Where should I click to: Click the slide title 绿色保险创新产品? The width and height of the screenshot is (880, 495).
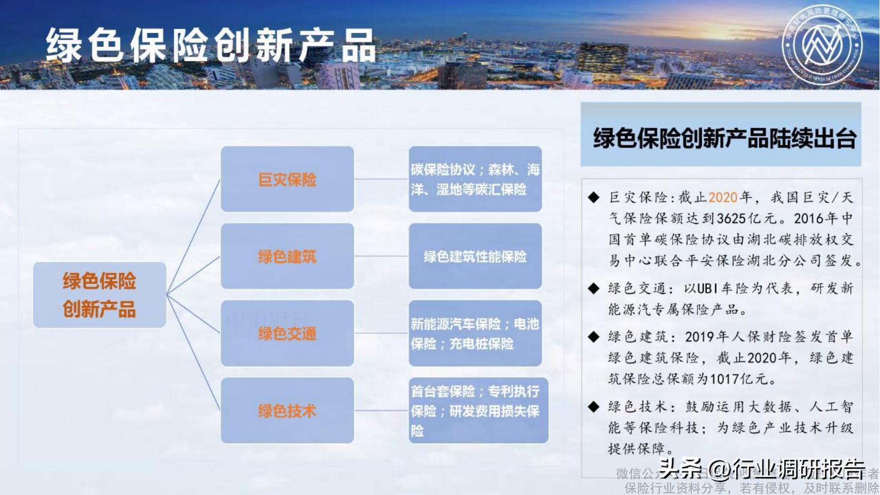(x=210, y=46)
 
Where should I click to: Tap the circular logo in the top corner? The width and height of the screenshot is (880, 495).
(x=822, y=45)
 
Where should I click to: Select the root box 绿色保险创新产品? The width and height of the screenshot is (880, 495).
(x=99, y=295)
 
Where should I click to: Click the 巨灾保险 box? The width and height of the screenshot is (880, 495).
(x=287, y=179)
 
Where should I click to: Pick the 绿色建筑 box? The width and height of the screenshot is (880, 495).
(x=287, y=256)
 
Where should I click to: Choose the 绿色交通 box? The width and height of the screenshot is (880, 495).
(x=287, y=334)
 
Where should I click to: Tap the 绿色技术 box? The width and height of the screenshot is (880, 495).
(x=287, y=410)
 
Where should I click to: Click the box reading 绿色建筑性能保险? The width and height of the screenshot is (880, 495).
(x=475, y=256)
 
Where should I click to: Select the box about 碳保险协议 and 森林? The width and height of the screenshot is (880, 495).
(x=475, y=179)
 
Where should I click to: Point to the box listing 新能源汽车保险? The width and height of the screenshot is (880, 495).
(x=475, y=334)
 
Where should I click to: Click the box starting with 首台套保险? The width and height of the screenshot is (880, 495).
(x=478, y=410)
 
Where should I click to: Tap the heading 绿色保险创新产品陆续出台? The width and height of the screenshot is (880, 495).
(x=724, y=138)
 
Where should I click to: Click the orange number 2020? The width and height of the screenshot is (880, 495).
(x=723, y=198)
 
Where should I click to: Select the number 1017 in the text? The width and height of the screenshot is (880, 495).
(x=724, y=379)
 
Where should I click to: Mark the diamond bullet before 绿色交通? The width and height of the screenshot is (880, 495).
(x=593, y=289)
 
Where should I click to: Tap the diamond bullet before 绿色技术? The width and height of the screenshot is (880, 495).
(x=593, y=407)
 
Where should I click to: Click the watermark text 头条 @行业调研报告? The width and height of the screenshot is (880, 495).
(x=762, y=468)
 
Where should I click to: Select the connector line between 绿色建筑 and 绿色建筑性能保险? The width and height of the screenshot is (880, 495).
(x=381, y=256)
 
